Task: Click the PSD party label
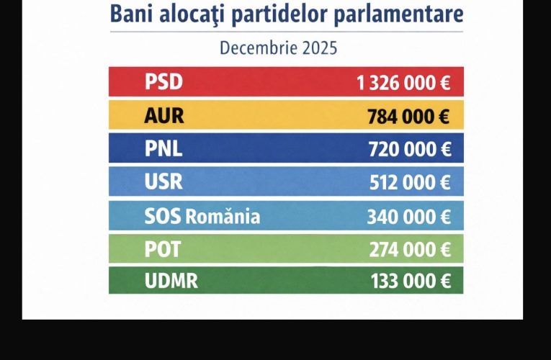point(163,82)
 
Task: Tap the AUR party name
point(164,115)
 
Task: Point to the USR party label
point(163,181)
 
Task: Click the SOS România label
point(202,215)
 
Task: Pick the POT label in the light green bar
point(163,248)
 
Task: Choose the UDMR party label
point(171,281)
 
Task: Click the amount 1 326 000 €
point(403,83)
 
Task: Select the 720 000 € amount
point(409,149)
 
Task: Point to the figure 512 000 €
point(409,182)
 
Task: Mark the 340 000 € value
point(409,216)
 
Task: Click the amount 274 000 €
point(409,249)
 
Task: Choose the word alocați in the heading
point(194,15)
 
